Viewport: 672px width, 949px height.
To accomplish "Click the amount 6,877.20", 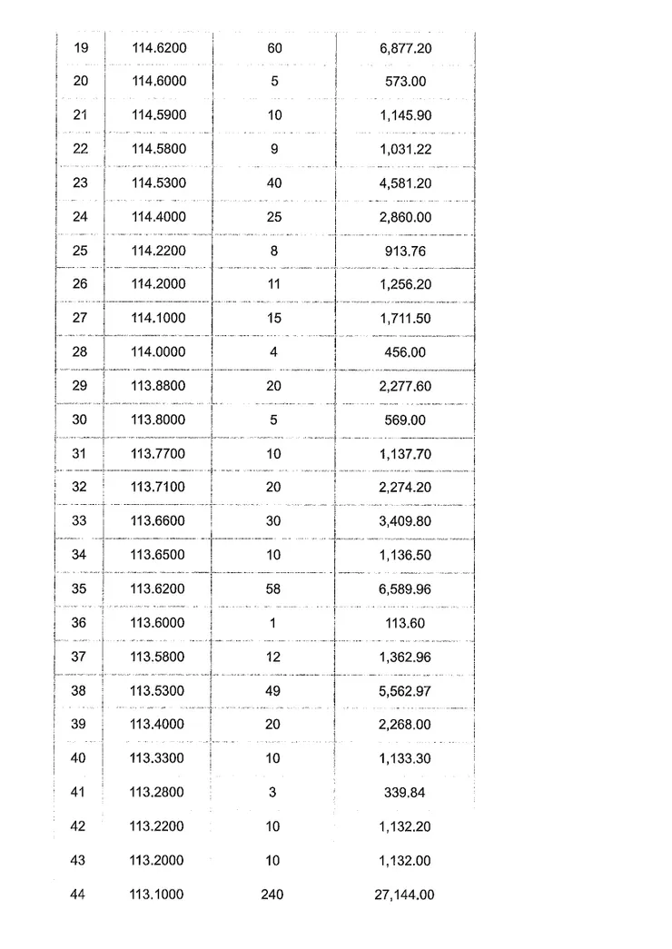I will point(406,47).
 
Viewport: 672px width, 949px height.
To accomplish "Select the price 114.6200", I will point(159,47).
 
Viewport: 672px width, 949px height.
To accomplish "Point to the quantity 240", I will point(273,895).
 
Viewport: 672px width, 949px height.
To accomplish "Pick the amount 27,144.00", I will point(406,895).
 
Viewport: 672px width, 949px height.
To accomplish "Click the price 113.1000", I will point(157,895).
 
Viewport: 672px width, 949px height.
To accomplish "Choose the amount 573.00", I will point(406,82).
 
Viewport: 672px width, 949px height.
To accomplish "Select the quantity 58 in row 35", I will point(273,588).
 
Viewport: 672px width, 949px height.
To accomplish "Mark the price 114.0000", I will point(157,352).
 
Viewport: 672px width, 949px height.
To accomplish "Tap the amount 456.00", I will point(406,352).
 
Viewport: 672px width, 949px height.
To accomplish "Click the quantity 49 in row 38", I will point(273,691).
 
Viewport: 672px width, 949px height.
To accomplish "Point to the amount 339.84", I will point(406,793).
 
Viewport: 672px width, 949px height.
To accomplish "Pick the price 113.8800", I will point(157,386).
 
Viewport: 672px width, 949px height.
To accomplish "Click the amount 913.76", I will point(406,251).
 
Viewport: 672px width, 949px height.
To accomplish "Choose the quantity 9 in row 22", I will point(274,149).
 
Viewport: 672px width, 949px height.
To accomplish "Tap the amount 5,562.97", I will point(406,691).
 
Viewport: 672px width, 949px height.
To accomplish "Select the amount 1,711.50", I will point(406,319).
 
